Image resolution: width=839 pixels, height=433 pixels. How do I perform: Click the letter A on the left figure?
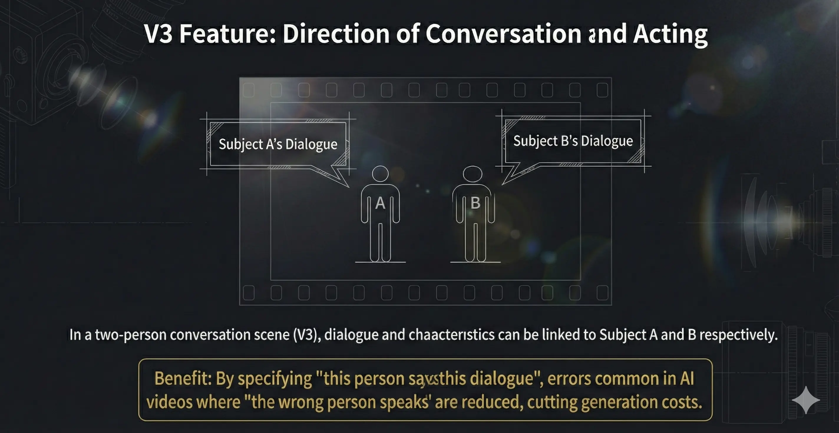(x=380, y=203)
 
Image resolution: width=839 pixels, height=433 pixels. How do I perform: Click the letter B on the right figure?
(x=475, y=203)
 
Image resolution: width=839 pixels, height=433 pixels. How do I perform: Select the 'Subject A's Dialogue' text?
(x=278, y=144)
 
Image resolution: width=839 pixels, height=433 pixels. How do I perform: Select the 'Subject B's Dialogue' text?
(x=573, y=141)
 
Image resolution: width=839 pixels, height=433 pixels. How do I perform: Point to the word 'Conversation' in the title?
(x=503, y=34)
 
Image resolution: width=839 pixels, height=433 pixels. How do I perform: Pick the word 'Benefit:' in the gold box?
(x=183, y=379)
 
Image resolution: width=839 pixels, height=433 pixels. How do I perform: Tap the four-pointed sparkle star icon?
(x=806, y=400)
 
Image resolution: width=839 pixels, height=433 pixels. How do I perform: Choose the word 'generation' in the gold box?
(x=619, y=402)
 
